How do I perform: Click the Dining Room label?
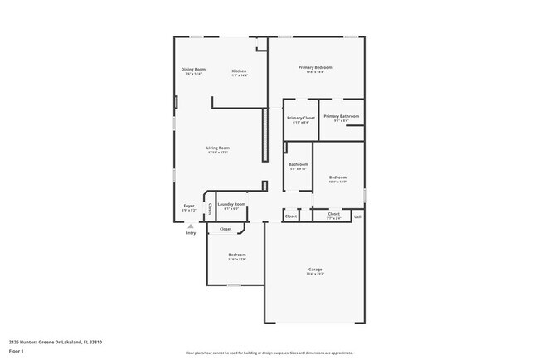pos(193,69)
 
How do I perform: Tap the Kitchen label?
pos(239,71)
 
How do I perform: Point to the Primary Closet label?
pos(301,118)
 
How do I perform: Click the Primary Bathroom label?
pos(341,116)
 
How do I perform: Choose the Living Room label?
pos(217,148)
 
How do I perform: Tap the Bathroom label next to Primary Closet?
pos(299,164)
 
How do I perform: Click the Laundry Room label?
pos(231,203)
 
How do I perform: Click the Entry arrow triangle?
pos(190,225)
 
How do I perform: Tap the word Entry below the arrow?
pos(191,232)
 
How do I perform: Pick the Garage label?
pos(315,269)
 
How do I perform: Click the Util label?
pos(357,216)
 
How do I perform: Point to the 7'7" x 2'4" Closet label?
pos(333,214)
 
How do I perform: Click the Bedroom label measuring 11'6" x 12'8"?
pos(237,255)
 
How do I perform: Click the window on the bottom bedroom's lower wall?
pos(234,285)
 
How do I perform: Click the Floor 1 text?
pos(17,351)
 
